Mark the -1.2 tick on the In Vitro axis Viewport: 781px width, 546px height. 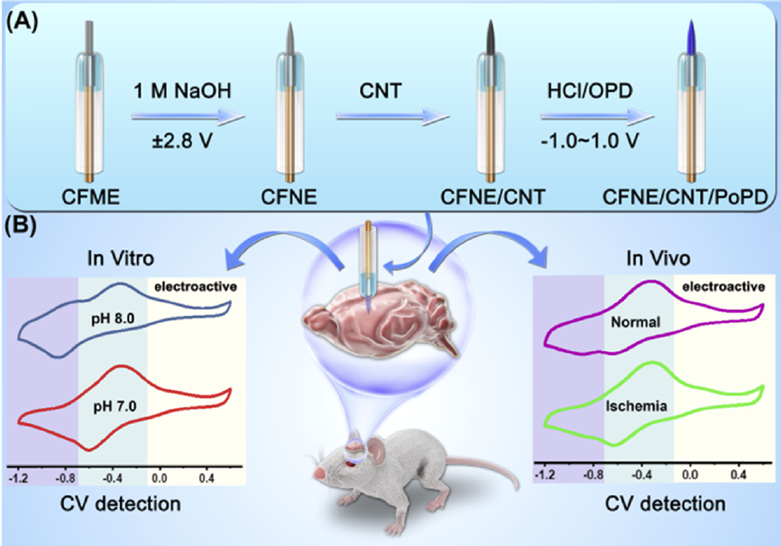click(18, 477)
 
